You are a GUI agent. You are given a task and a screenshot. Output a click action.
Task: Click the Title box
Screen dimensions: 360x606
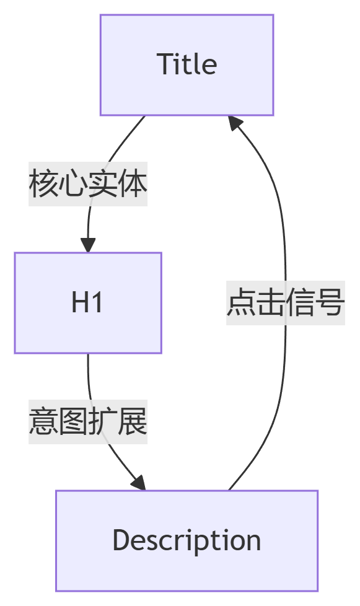[x=187, y=65]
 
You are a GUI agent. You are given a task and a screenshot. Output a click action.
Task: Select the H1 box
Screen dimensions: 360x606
[x=88, y=303]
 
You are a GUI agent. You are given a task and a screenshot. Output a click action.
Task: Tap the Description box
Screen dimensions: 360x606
[x=187, y=541]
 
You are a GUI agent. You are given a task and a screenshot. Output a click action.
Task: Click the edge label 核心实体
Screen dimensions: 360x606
[x=88, y=184]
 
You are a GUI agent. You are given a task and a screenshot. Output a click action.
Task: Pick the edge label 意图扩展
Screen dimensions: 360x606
[x=88, y=421]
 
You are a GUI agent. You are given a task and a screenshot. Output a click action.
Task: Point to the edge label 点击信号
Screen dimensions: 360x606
[x=286, y=302]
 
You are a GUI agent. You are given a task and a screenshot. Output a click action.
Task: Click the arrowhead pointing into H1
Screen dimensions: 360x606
[x=88, y=245]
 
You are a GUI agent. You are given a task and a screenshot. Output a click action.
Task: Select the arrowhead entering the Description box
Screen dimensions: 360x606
[x=139, y=483]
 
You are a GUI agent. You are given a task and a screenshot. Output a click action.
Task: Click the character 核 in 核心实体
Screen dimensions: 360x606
[x=43, y=184]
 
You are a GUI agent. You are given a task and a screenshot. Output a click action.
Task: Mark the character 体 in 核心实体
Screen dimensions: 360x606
[x=133, y=184]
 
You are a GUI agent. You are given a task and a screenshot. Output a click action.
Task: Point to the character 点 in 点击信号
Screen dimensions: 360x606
[x=241, y=302]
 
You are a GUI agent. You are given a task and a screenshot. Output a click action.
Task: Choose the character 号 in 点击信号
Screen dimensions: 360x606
[x=330, y=302]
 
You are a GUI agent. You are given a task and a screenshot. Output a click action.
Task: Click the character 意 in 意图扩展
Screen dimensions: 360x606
[x=43, y=421]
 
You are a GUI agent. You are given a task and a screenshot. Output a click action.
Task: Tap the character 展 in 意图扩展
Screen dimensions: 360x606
[x=133, y=421]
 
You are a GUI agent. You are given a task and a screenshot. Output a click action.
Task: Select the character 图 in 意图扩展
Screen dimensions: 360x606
[x=73, y=421]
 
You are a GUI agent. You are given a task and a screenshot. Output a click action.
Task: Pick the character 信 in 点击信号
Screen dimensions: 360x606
[x=300, y=302]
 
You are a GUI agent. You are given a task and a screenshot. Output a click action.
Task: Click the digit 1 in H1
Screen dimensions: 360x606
[x=97, y=302]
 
